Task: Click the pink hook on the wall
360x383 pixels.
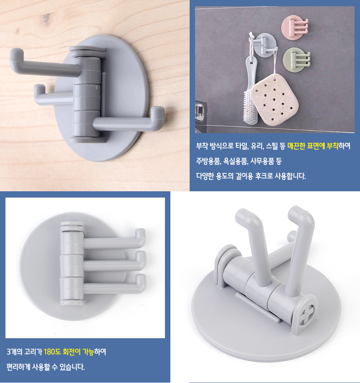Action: (x=294, y=27)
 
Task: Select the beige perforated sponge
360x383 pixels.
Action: (x=275, y=100)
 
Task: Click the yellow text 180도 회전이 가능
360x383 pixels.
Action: (x=69, y=352)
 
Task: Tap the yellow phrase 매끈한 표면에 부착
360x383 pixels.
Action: (x=313, y=146)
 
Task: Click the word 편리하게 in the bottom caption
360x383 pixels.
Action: (x=18, y=367)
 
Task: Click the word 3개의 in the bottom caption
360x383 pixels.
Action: (x=15, y=352)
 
